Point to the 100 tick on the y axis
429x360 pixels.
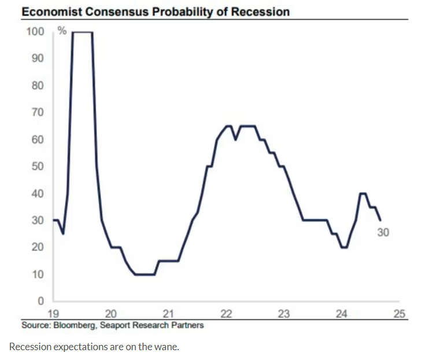[x=35, y=31]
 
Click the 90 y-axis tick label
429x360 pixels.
[x=38, y=58]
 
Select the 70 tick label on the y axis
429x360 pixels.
[x=38, y=112]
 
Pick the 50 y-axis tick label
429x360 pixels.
[x=38, y=167]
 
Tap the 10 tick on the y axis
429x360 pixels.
[x=38, y=274]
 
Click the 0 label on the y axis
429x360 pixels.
[x=40, y=302]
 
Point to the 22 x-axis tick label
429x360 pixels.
[x=226, y=314]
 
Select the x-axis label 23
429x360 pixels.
[x=283, y=314]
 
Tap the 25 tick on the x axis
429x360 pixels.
[x=399, y=314]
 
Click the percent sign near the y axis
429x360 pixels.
[x=61, y=31]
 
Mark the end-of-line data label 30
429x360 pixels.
[x=383, y=232]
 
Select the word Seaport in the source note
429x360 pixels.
[x=114, y=325]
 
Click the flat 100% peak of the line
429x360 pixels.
[x=83, y=32]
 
